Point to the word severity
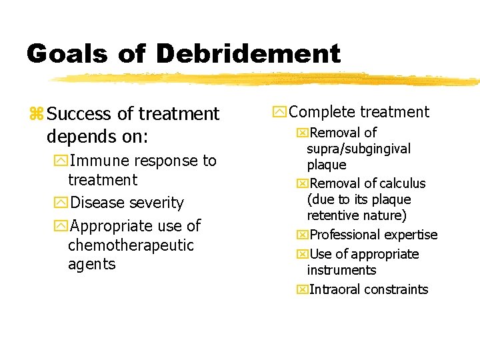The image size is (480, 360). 154,203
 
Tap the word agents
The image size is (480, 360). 91,264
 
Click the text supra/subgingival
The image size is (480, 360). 359,149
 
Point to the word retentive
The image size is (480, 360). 332,215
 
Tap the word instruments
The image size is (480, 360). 341,270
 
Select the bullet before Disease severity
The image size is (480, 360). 62,203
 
